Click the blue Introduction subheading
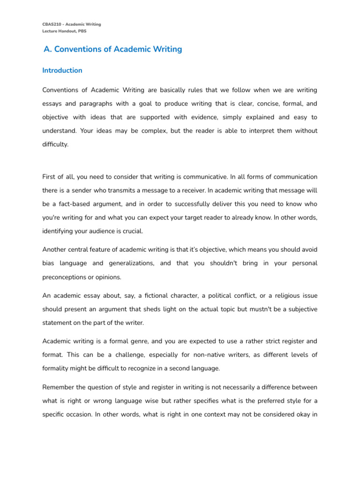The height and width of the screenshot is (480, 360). point(62,70)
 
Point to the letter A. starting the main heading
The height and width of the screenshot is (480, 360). point(47,49)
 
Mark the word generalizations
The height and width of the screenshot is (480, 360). point(127,263)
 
